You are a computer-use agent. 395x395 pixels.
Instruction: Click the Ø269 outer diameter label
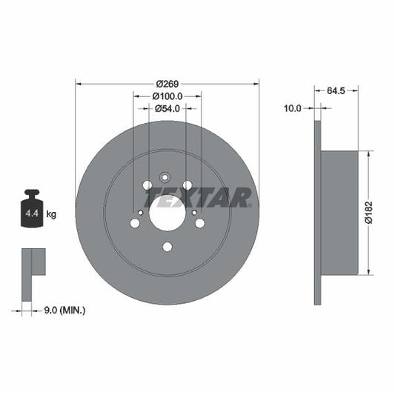coord(167,83)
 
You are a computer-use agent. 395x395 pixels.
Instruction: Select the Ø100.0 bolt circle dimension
coord(167,96)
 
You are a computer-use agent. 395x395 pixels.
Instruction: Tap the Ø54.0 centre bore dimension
coord(167,108)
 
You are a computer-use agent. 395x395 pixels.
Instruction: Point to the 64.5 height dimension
coord(337,92)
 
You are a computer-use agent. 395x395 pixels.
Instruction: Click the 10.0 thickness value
coord(293,108)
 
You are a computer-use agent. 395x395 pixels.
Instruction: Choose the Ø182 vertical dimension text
coord(376,213)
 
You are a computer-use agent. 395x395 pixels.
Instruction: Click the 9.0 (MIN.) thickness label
coord(65,310)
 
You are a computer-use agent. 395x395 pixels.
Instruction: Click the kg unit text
coord(51,214)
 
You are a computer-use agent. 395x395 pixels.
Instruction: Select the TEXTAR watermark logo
coord(198,198)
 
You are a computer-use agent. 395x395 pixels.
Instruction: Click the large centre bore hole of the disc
coord(167,213)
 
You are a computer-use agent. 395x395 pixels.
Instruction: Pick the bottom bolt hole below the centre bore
coord(167,247)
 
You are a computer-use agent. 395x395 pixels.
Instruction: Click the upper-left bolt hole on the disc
coord(147,185)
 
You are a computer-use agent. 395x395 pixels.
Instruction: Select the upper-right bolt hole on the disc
coord(187,185)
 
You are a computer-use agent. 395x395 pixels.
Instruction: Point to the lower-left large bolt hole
coord(135,222)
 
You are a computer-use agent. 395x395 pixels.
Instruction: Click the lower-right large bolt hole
coord(199,222)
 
